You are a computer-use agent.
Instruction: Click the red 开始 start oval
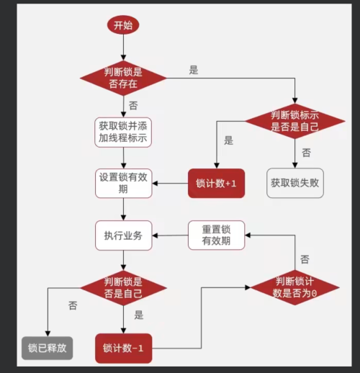pos(123,24)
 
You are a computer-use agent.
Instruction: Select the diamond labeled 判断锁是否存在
pos(123,77)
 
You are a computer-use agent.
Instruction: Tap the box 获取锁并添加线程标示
pos(123,132)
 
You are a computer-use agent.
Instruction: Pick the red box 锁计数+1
pos(216,184)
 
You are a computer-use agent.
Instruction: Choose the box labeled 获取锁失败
pos(294,183)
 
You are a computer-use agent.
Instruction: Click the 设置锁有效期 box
pos(123,183)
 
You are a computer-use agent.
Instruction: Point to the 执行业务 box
pos(123,235)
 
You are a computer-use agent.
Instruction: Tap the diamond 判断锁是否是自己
pos(123,287)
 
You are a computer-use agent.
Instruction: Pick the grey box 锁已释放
pos(48,348)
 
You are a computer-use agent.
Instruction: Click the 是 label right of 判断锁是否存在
pos(193,70)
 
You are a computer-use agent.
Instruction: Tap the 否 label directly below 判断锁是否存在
pos(133,105)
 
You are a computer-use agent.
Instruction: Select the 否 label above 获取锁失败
pos(306,153)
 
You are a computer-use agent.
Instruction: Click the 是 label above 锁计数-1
pos(139,315)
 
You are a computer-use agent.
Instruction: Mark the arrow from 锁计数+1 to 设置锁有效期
pos(170,184)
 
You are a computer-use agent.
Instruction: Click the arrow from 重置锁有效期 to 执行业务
pos(171,235)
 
